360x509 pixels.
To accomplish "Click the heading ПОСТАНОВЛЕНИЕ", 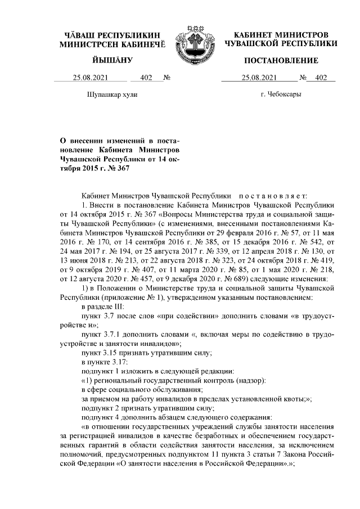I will [x=281, y=60].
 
